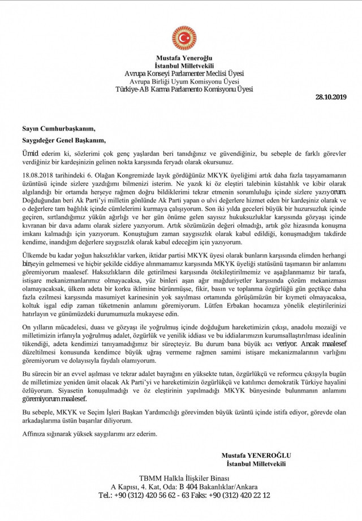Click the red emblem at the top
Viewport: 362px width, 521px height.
click(x=184, y=37)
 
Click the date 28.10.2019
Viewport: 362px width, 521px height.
click(x=330, y=98)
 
